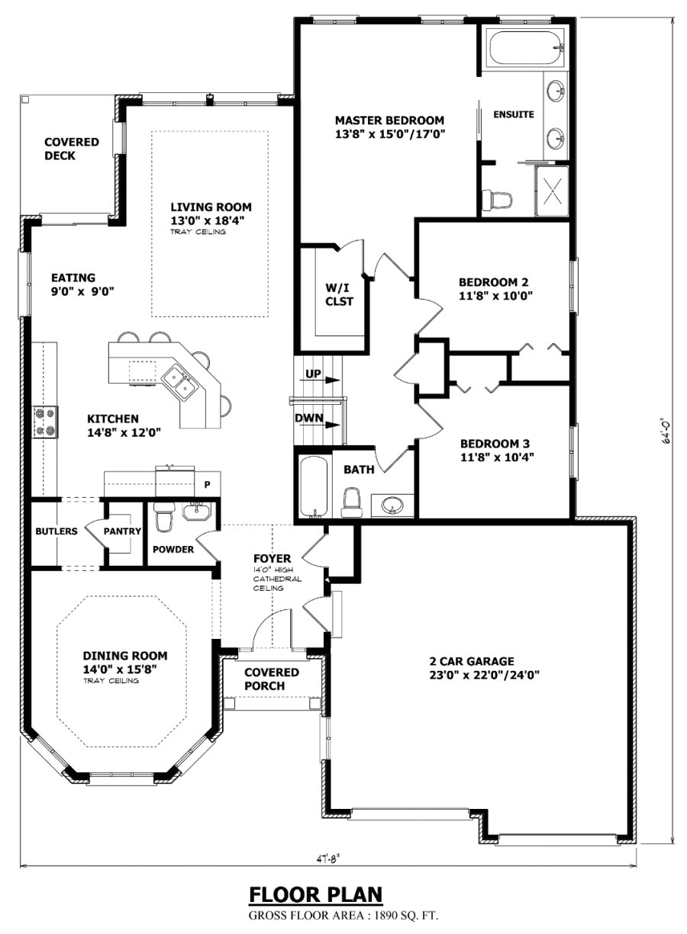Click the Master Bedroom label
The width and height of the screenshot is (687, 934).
(389, 120)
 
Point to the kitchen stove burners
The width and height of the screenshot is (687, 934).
(45, 422)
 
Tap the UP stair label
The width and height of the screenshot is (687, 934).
(312, 374)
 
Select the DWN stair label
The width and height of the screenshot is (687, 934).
(309, 418)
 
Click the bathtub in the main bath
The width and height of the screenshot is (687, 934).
(313, 487)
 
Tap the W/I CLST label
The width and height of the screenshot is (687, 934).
(339, 294)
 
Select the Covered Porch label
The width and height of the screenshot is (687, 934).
(271, 679)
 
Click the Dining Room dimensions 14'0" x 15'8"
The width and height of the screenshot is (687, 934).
(124, 669)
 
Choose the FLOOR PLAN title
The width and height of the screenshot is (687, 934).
(315, 894)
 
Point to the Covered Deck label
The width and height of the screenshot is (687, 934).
(71, 149)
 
